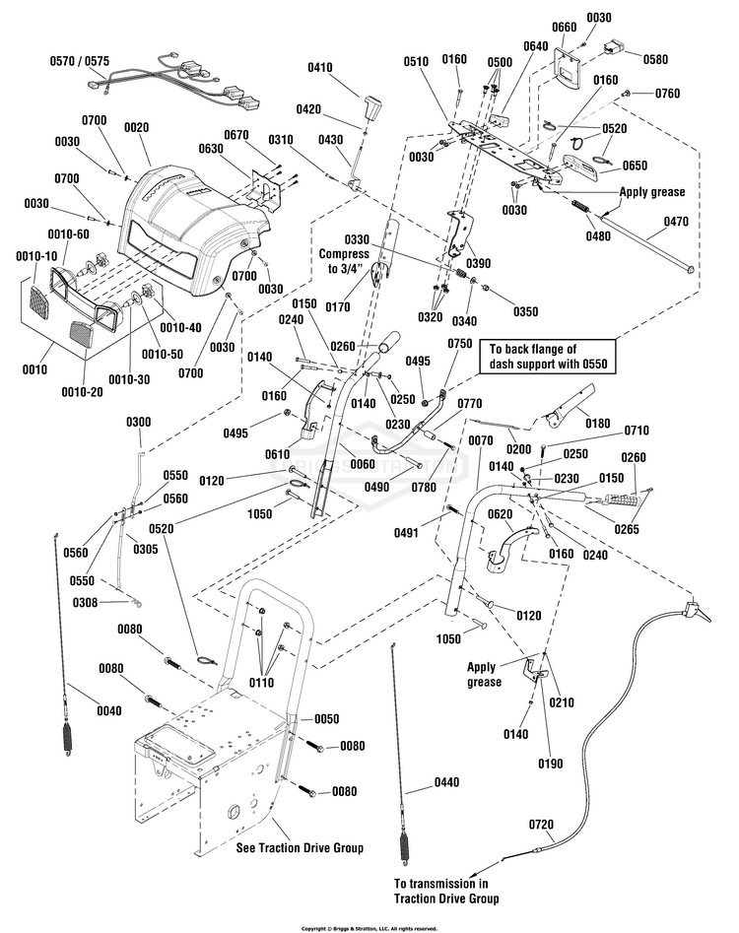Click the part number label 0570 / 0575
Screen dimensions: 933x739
click(80, 60)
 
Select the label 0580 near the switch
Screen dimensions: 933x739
click(654, 59)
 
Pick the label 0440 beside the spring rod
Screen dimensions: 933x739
click(446, 784)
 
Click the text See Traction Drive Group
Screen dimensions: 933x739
click(300, 846)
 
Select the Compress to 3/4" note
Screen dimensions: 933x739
click(344, 254)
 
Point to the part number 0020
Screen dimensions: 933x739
click(136, 127)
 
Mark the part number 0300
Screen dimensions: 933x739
click(138, 422)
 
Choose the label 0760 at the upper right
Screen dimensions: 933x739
click(667, 95)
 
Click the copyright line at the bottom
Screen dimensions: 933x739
click(369, 927)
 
